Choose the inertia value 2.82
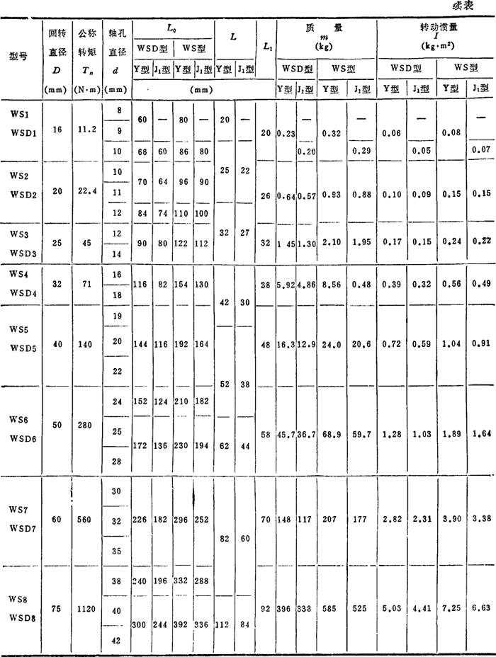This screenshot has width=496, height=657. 392,520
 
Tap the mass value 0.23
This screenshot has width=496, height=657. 286,132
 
